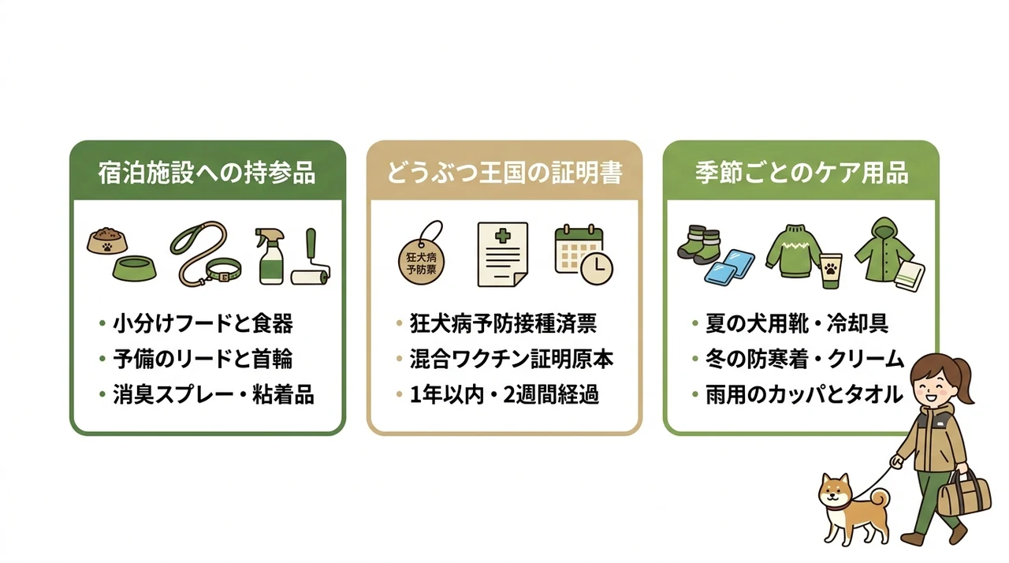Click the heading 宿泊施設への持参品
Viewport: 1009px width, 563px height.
point(207,173)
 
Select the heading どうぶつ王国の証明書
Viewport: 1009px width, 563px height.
point(504,173)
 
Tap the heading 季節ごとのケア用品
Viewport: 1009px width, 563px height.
point(801,173)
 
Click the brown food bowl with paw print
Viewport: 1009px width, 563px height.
point(106,240)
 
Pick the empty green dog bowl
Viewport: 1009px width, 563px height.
point(134,268)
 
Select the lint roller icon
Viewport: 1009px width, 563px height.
point(311,258)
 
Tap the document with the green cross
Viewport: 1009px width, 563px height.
point(503,254)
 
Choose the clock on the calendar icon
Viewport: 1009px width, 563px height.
point(597,268)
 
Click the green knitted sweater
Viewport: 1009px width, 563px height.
point(793,252)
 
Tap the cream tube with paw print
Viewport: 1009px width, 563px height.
point(830,271)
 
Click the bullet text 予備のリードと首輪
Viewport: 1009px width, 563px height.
point(203,360)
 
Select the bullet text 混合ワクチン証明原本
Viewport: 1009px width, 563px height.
point(512,360)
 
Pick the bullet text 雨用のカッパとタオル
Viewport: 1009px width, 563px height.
point(805,394)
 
